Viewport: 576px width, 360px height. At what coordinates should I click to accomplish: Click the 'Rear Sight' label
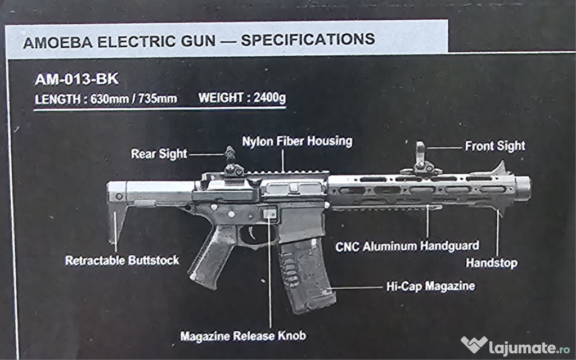(x=159, y=154)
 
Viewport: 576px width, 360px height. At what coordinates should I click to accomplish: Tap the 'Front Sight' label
(x=494, y=146)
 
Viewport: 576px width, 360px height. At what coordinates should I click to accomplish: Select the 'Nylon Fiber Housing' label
(x=297, y=141)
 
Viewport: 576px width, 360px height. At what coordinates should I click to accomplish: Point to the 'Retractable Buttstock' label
(x=122, y=260)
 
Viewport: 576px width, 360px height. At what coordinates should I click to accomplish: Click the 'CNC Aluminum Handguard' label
(x=407, y=246)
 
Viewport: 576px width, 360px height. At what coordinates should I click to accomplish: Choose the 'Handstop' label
(x=491, y=263)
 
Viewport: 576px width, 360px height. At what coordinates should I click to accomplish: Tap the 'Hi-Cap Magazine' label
(x=430, y=286)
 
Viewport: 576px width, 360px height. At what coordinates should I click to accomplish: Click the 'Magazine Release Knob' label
(x=243, y=336)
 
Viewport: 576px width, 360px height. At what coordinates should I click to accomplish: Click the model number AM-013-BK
(x=76, y=79)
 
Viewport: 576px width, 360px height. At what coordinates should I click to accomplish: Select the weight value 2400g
(x=269, y=98)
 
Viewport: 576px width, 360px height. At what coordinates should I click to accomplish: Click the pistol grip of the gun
(x=211, y=256)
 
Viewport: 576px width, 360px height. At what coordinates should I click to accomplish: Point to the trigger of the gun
(x=248, y=233)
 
